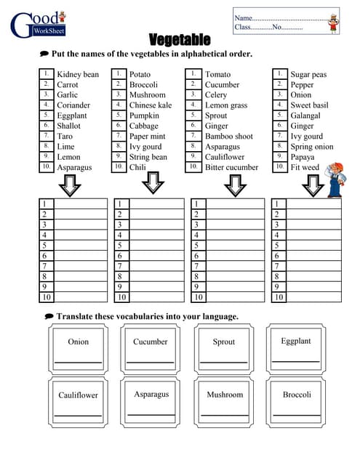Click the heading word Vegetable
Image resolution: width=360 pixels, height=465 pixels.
[x=180, y=39]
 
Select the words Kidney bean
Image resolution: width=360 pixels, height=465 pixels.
[x=78, y=74]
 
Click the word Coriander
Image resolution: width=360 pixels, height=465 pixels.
[x=73, y=105]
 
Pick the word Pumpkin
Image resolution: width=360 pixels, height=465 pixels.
[x=144, y=116]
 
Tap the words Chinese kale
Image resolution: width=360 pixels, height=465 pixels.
[x=151, y=105]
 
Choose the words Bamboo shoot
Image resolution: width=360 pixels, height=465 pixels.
[x=229, y=136]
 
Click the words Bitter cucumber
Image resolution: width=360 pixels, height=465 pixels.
[x=231, y=167]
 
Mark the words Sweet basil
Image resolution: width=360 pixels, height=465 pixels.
[x=309, y=105]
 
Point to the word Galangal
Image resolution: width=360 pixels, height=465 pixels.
[x=305, y=116]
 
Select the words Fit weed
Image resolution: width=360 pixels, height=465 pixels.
[x=305, y=167]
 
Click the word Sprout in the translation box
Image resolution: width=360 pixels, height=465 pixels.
[x=224, y=341]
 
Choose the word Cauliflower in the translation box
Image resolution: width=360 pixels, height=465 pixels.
[x=78, y=395]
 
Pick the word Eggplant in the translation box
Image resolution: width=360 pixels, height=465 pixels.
[x=296, y=341]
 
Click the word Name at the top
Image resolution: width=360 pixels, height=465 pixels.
[x=243, y=17]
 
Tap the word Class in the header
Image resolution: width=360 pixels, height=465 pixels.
[x=242, y=27]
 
